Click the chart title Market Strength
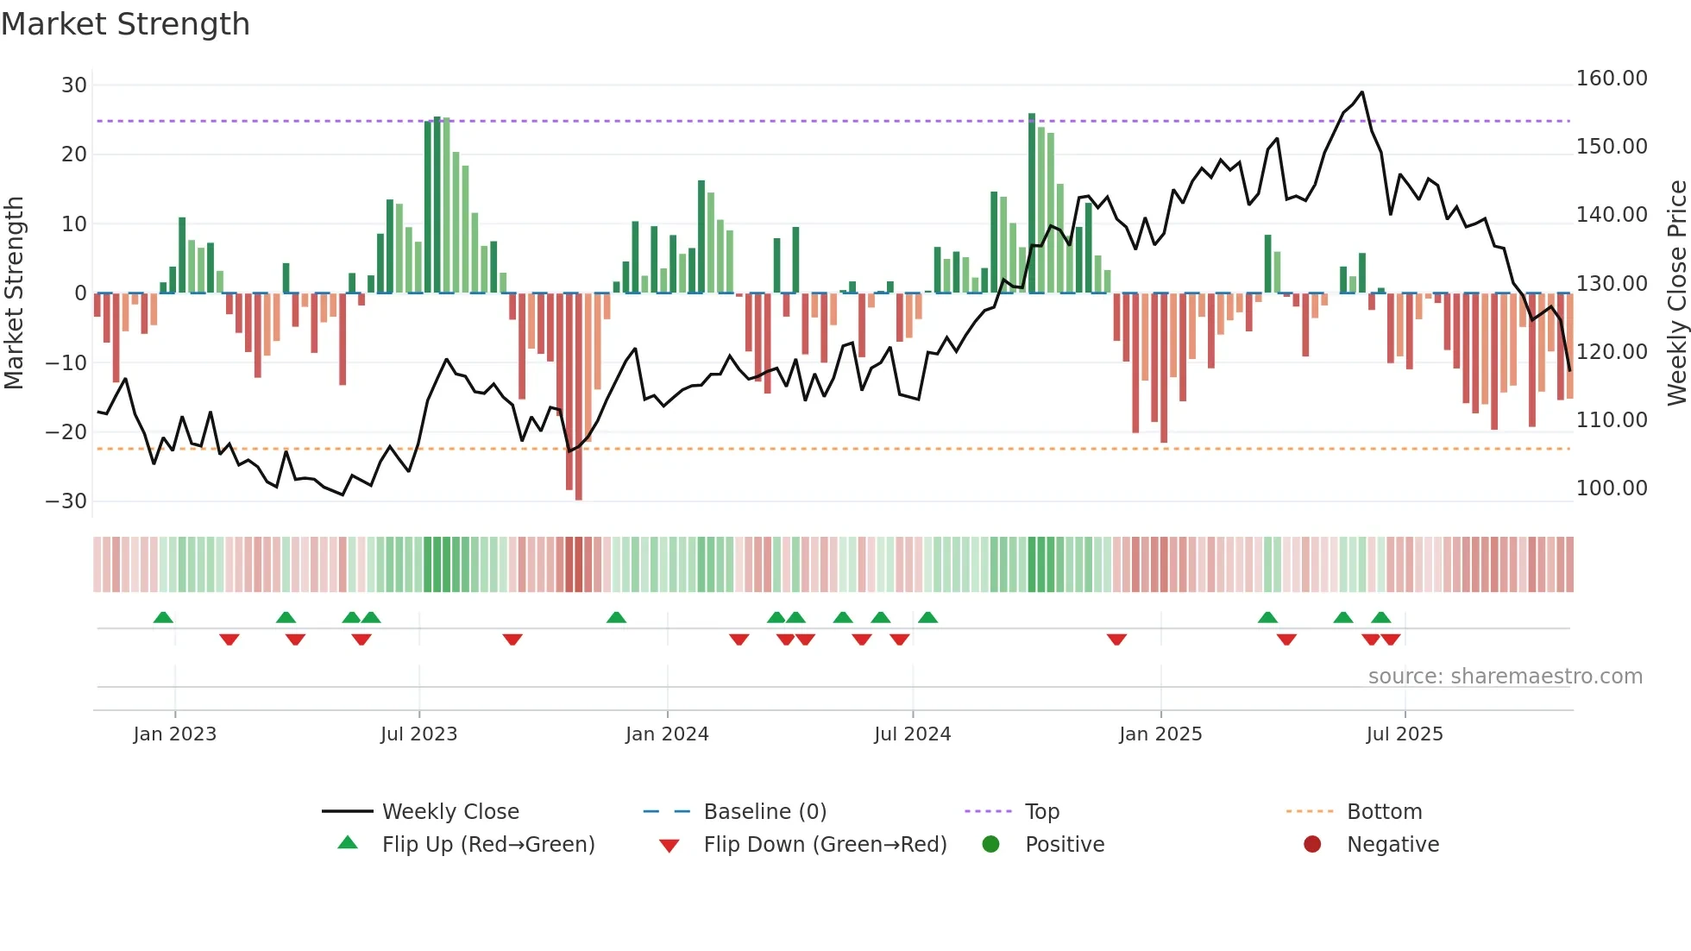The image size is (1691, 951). tap(125, 24)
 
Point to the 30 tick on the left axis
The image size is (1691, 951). tap(74, 85)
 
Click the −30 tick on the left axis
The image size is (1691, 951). tap(66, 501)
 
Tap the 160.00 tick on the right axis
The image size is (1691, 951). tap(1611, 79)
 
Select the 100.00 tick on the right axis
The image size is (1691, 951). tap(1611, 488)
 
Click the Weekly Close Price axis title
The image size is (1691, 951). tap(1676, 293)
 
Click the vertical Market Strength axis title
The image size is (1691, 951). tap(15, 293)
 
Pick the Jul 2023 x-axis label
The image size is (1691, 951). tap(418, 734)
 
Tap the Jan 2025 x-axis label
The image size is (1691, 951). tap(1160, 734)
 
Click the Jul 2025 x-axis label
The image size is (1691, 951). tap(1404, 734)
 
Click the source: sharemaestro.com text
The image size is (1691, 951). tap(1505, 677)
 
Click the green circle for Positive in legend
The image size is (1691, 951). tap(990, 845)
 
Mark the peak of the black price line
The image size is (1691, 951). tap(1361, 92)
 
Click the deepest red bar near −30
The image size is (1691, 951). tap(578, 397)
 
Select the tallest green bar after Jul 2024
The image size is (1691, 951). tap(1032, 204)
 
